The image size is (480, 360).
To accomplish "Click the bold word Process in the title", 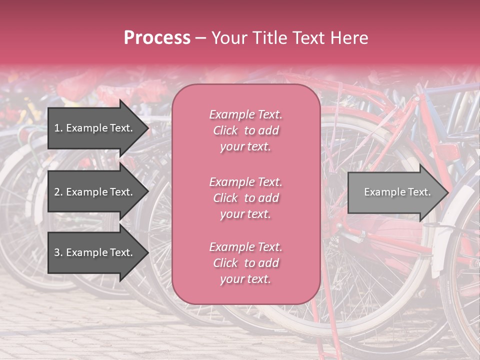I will (157, 38).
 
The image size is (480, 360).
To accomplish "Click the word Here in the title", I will (348, 38).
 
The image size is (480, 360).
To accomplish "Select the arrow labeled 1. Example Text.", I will (95, 128).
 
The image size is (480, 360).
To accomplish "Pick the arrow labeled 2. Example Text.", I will (95, 192).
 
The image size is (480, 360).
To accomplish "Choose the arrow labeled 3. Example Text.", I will (95, 252).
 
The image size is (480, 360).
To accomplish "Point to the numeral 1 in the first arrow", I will (56, 128).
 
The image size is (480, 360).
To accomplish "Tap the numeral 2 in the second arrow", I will (56, 192).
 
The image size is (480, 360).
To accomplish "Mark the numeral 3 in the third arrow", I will (56, 252).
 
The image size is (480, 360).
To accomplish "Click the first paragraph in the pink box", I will (245, 130).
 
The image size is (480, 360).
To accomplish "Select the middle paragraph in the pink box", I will (245, 198).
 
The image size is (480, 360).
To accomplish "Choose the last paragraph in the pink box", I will (245, 263).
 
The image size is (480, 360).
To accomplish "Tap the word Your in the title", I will (228, 38).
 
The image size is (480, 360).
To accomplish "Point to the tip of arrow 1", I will (147, 128).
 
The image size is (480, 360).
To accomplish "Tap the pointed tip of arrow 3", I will (147, 252).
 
